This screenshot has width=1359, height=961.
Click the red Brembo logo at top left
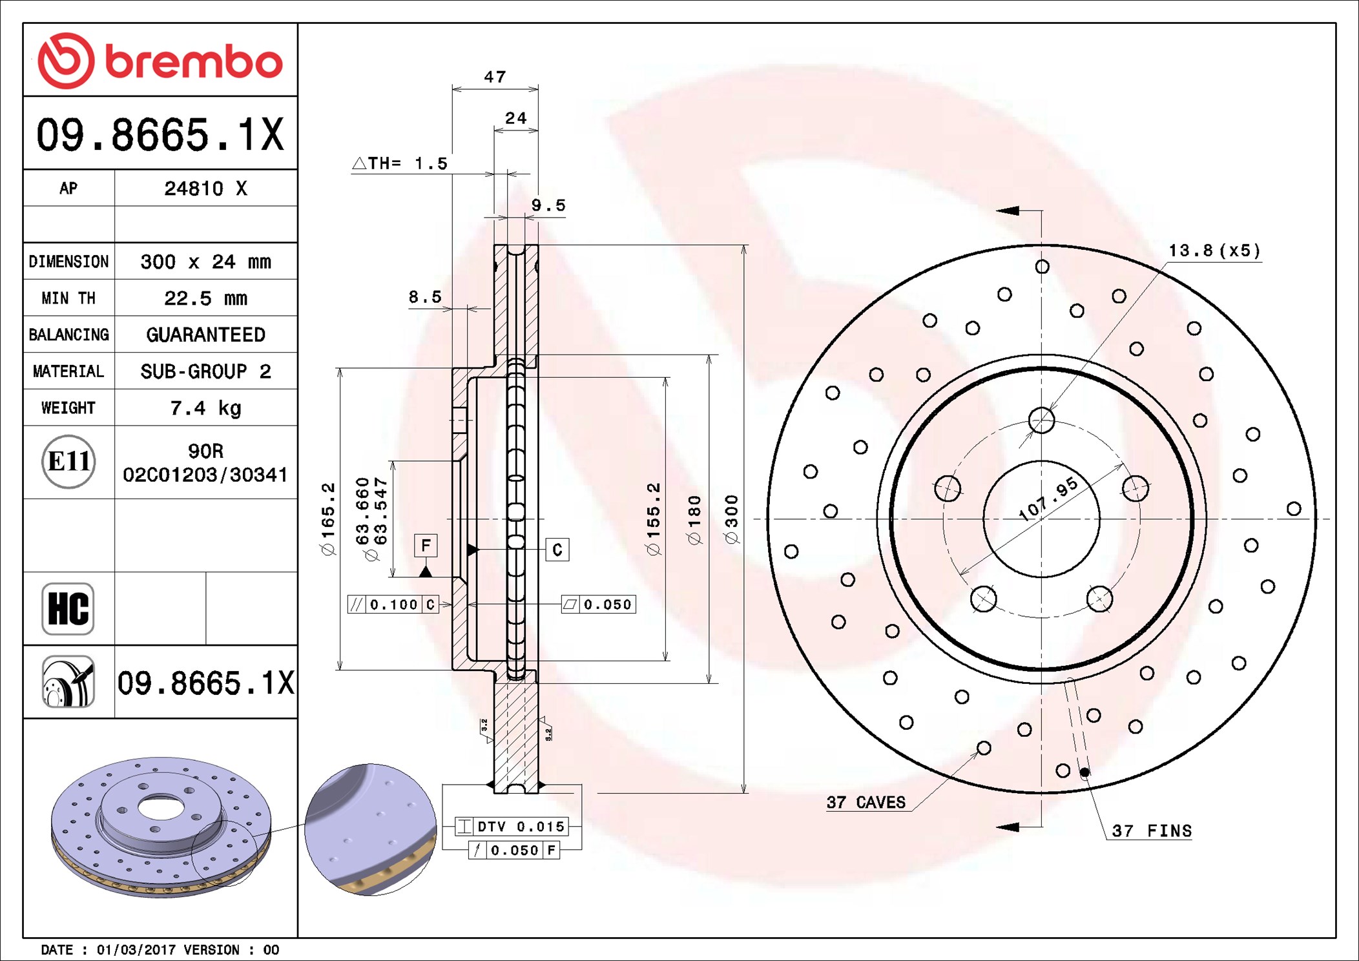[x=160, y=61]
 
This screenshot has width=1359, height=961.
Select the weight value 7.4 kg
[x=205, y=408]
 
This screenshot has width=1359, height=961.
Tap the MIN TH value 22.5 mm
[x=205, y=298]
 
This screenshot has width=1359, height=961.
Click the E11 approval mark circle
[x=68, y=461]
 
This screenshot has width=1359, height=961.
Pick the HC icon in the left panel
[x=68, y=608]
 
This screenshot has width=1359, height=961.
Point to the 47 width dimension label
[x=495, y=77]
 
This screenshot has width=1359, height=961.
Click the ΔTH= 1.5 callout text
[x=400, y=163]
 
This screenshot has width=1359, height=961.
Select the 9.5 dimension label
[x=548, y=205]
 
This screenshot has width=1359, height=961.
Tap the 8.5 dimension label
[x=425, y=297]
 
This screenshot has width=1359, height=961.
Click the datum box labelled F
[x=426, y=546]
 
